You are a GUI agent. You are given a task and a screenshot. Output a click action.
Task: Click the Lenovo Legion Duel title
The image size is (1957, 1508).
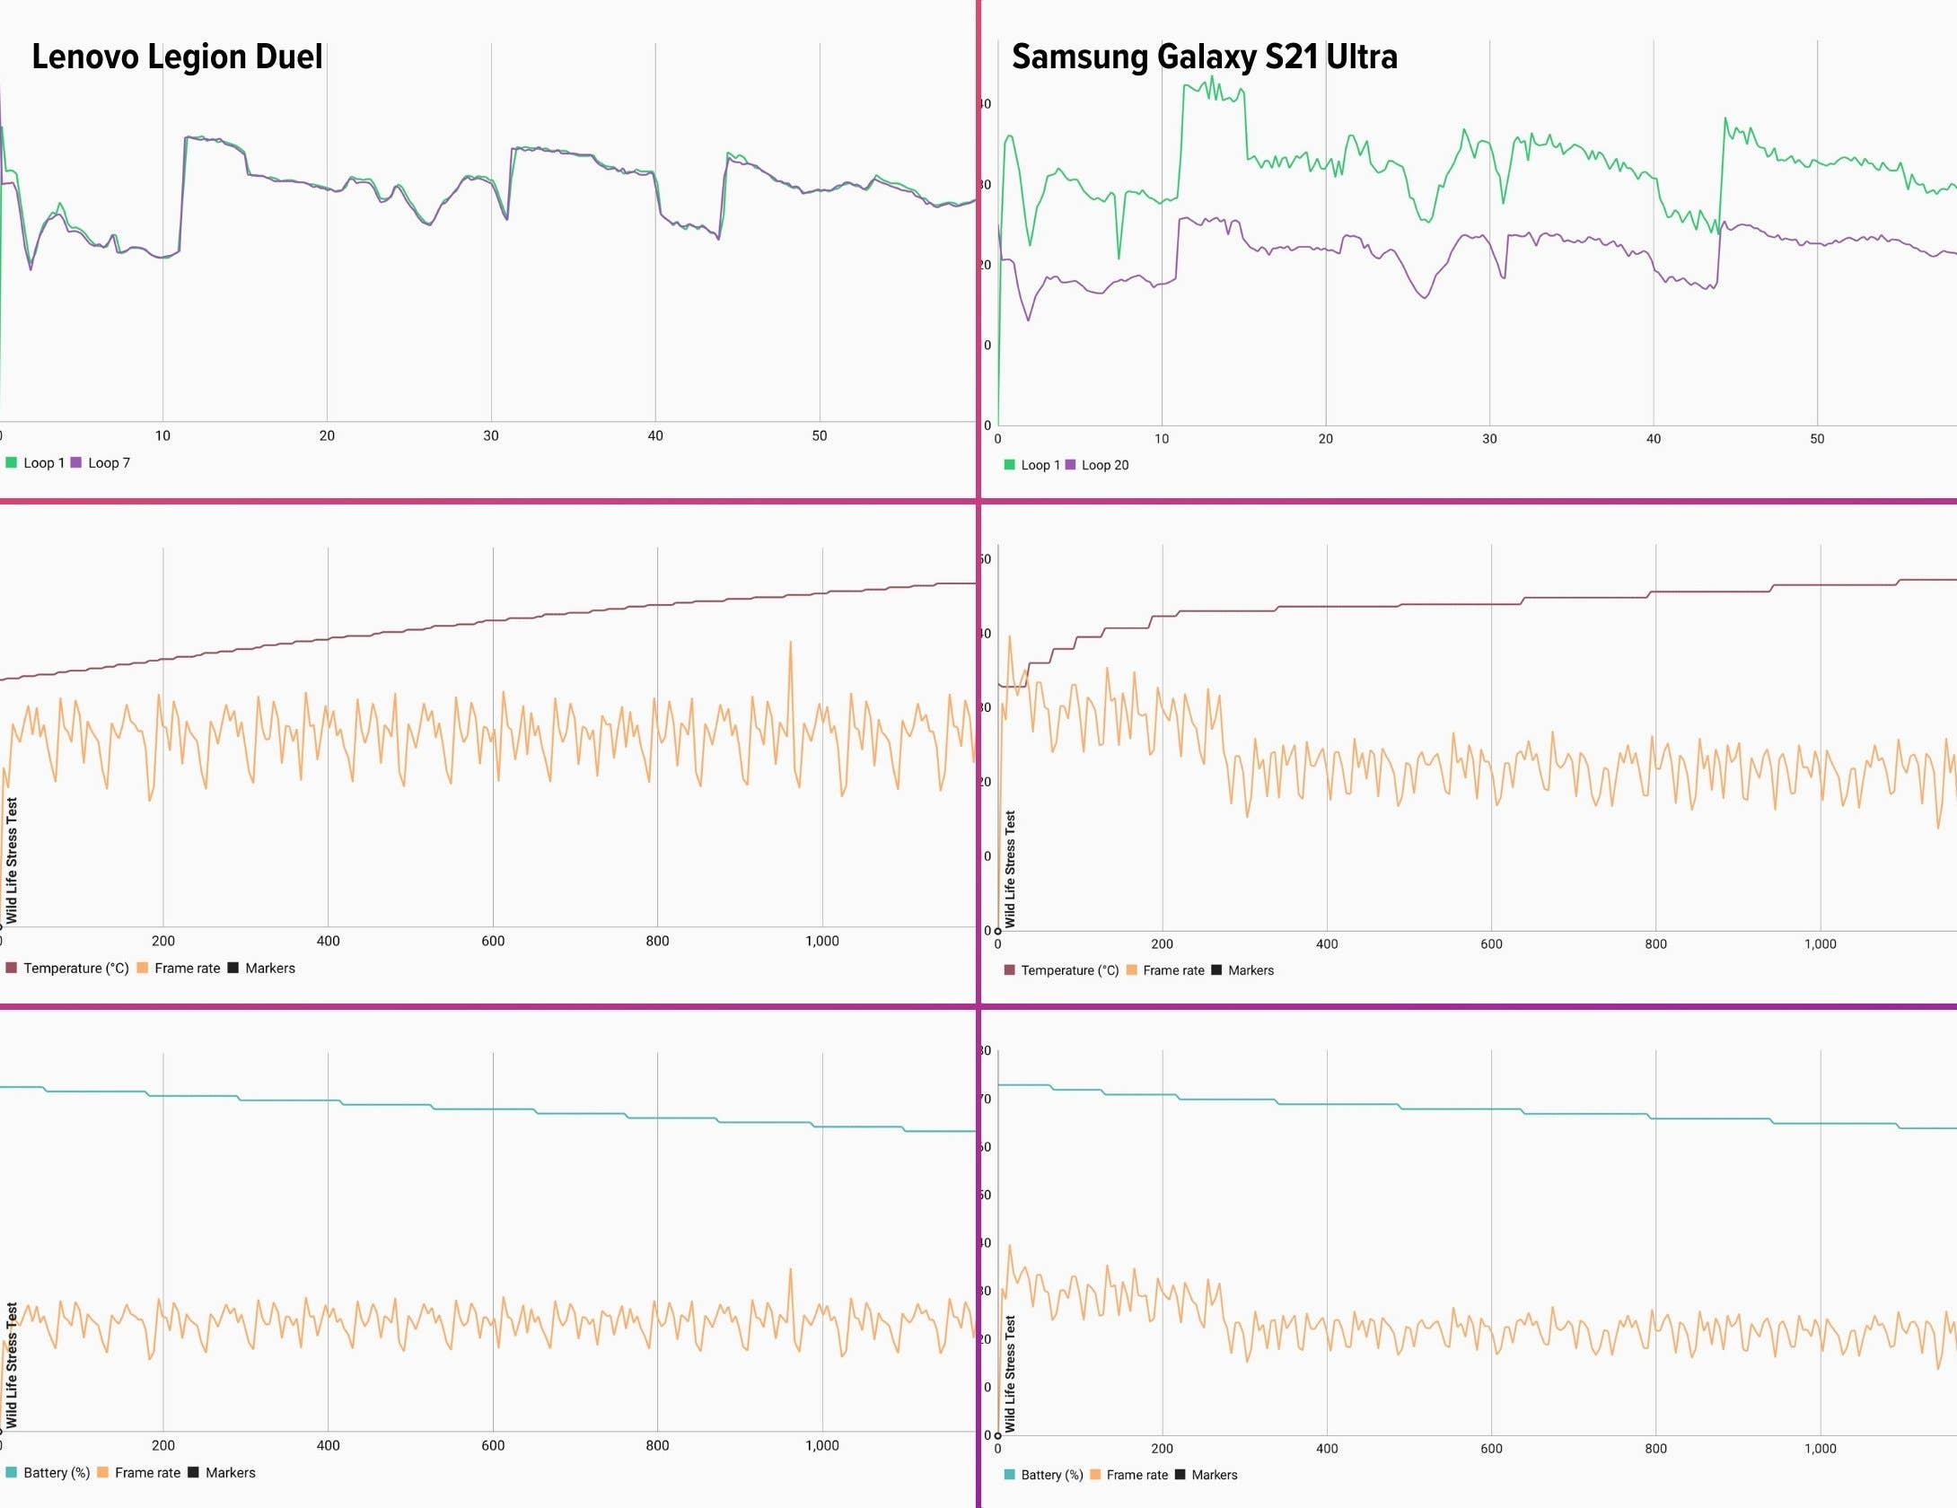tap(177, 57)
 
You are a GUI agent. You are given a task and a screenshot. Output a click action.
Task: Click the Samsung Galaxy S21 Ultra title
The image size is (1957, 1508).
tap(1204, 57)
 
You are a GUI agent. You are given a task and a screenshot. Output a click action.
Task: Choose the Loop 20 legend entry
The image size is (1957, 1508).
tap(1104, 465)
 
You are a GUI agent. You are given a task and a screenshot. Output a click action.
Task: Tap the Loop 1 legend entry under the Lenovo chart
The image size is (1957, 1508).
tap(43, 463)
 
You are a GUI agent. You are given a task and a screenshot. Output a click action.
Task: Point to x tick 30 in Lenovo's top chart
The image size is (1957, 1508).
tap(491, 435)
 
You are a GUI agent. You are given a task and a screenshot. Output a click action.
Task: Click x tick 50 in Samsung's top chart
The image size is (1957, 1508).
tap(1817, 439)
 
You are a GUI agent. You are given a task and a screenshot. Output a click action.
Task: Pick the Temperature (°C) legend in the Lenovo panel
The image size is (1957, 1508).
tap(75, 969)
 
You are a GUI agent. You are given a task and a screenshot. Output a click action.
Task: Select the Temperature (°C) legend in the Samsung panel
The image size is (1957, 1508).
tap(1069, 971)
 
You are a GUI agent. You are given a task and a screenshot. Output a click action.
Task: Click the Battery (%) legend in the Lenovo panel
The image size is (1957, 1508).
tap(56, 1473)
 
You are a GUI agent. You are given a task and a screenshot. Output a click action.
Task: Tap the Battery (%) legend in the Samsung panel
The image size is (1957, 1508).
tap(1051, 1476)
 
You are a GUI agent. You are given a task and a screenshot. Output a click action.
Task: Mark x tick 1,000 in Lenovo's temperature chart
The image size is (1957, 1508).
tap(821, 941)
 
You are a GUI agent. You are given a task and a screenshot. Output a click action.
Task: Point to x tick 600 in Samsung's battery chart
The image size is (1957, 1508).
tap(1491, 1449)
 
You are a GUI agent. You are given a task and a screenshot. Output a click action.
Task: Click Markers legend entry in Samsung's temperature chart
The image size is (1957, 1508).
tap(1250, 971)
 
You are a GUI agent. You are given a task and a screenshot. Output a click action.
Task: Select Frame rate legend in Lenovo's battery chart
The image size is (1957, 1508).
tap(146, 1473)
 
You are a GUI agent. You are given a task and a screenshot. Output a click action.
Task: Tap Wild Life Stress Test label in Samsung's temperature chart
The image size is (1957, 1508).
tap(1010, 869)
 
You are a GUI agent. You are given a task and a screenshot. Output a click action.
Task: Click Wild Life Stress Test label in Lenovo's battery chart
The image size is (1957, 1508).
tap(12, 1364)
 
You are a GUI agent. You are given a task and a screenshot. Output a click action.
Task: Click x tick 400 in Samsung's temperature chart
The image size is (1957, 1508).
tap(1327, 944)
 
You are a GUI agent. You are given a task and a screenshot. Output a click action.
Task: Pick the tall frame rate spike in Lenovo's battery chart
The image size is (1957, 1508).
tap(790, 1271)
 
